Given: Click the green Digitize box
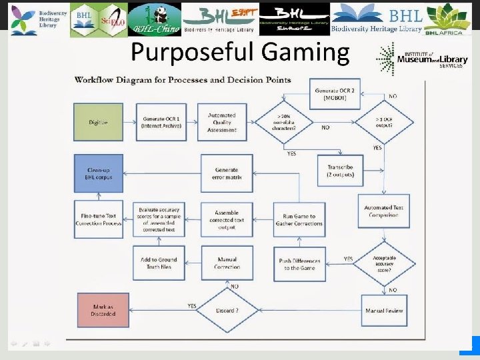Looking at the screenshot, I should pyautogui.click(x=98, y=122).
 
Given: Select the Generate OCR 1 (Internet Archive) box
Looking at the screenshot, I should pyautogui.click(x=161, y=122).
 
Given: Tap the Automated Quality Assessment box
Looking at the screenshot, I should pyautogui.click(x=222, y=122).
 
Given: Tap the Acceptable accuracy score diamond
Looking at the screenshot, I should pyautogui.click(x=384, y=264).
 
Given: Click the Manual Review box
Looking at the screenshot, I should pyautogui.click(x=384, y=311).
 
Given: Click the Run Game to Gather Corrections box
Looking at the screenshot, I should pyautogui.click(x=299, y=220).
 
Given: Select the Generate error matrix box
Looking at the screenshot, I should pyautogui.click(x=227, y=173).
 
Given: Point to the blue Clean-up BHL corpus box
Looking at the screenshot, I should pyautogui.click(x=98, y=173).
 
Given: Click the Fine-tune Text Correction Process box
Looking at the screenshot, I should pyautogui.click(x=98, y=219).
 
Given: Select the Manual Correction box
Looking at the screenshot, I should pyautogui.click(x=227, y=263).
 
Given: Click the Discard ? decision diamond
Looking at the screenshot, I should pyautogui.click(x=227, y=310).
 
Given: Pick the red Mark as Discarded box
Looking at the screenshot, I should pyautogui.click(x=102, y=311).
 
